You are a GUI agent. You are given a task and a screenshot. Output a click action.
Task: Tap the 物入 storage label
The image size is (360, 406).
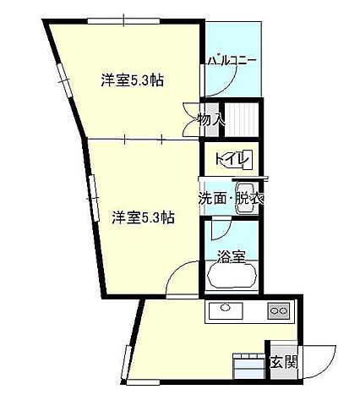(x=211, y=120)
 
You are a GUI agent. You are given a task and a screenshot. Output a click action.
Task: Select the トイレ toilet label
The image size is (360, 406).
(x=230, y=158)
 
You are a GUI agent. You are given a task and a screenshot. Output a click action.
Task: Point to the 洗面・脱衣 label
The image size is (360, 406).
(x=231, y=200)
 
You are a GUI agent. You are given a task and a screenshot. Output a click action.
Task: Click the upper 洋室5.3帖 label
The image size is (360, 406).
(x=132, y=81)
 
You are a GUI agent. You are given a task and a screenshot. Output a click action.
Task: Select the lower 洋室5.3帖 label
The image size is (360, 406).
(x=143, y=217)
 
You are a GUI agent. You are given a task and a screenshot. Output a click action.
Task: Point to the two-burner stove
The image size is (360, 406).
(x=278, y=310)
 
